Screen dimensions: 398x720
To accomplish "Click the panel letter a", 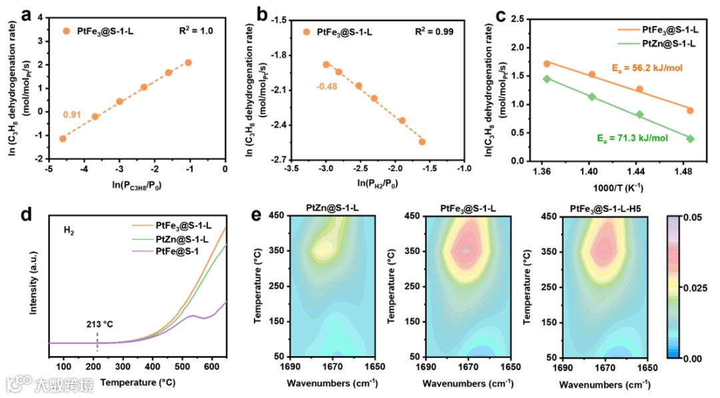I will pos(9,13).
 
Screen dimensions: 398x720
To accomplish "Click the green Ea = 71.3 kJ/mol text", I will pos(629,138).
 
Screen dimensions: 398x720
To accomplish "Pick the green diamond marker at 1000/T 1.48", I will pos(690,139).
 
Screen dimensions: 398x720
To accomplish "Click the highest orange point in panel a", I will pos(189,63).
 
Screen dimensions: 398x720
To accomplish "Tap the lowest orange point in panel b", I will pos(422,141).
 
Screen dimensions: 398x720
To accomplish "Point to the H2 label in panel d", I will pos(69,231).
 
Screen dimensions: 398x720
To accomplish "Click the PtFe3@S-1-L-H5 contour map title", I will pos(605,209).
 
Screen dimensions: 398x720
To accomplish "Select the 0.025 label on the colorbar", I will pos(695,287).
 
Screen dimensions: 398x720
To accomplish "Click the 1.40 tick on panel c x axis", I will pos(591,171).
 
